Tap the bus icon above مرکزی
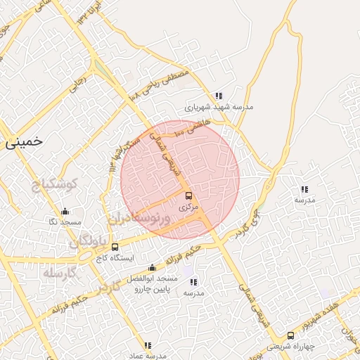pos(188,196)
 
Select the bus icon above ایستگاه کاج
pos(115,247)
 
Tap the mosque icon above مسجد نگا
pos(65,211)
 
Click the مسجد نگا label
pos(63,222)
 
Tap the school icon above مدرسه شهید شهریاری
pos(219,96)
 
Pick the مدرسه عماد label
pos(148,356)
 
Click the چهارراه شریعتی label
pos(290,347)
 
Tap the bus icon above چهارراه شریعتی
pos(291,335)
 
